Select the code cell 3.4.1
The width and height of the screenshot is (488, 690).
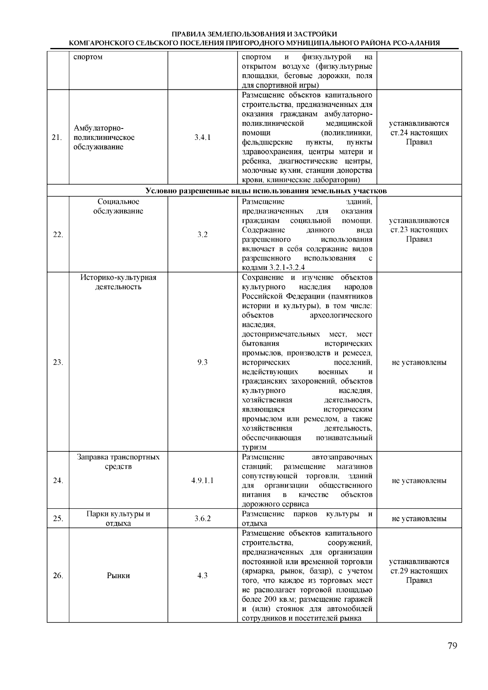click(x=203, y=137)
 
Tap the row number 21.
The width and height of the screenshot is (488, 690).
click(x=57, y=137)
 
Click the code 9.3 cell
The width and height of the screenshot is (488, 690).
click(x=203, y=362)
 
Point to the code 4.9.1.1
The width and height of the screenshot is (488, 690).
click(x=203, y=481)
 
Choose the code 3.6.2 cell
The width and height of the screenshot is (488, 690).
click(x=203, y=519)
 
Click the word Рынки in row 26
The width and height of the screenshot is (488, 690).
click(x=118, y=576)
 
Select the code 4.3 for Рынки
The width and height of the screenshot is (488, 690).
click(x=203, y=576)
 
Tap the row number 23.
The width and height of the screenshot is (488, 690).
click(x=58, y=362)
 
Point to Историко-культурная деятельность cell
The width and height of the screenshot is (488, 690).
click(x=118, y=282)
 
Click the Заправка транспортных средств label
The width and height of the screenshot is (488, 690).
click(x=118, y=462)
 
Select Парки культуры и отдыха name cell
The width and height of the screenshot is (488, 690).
click(x=118, y=519)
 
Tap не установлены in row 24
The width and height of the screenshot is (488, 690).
click(x=419, y=481)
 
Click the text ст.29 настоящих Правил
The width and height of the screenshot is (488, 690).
click(x=419, y=571)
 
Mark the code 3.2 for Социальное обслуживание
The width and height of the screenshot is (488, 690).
click(x=203, y=235)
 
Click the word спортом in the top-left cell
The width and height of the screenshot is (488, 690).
click(x=88, y=57)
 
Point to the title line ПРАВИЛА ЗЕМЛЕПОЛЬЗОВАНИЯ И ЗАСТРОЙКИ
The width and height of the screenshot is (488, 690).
click(x=255, y=34)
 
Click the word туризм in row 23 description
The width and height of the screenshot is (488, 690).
click(x=254, y=447)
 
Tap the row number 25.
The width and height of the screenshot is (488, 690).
click(x=58, y=519)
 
